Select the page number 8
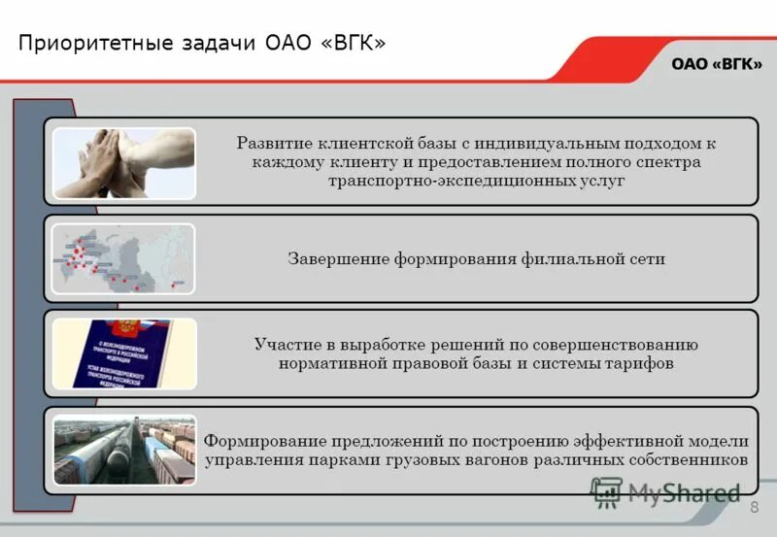click(754, 510)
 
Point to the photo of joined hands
click(123, 162)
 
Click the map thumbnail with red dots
click(123, 258)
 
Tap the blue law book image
click(123, 353)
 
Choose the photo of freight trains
click(123, 450)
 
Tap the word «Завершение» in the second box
click(337, 258)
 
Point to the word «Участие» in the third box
click(286, 344)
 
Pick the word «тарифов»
click(640, 363)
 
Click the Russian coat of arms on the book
click(119, 326)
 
